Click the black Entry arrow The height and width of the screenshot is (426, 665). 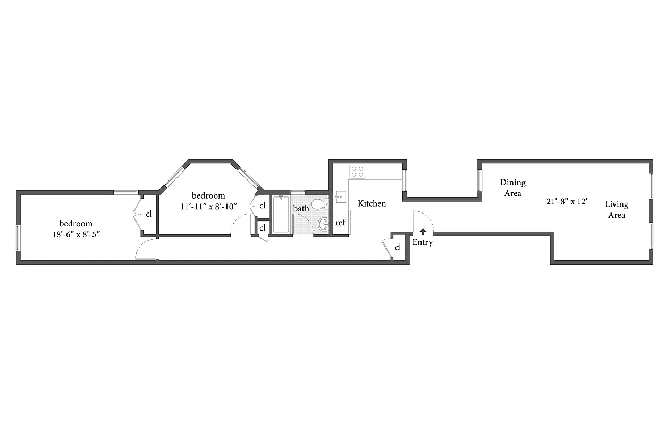click(423, 232)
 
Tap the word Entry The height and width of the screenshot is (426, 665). click(423, 242)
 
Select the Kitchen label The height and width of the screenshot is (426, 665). click(372, 203)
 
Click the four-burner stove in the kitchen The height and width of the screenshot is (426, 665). click(357, 171)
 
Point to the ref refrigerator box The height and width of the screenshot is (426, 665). click(340, 223)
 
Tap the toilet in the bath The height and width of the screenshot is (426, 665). click(319, 204)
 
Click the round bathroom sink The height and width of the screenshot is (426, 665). click(323, 225)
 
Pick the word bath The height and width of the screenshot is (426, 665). click(301, 208)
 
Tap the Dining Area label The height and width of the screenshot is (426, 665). click(512, 188)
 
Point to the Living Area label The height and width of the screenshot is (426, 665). click(616, 209)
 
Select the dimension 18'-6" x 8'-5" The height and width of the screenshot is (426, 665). click(75, 234)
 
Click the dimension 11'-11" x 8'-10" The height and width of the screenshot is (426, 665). click(208, 206)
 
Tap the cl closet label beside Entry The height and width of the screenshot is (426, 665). click(398, 247)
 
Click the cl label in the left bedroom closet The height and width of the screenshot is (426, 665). click(149, 214)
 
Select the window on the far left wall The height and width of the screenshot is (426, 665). click(18, 237)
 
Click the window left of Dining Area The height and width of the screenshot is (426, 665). click(479, 181)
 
